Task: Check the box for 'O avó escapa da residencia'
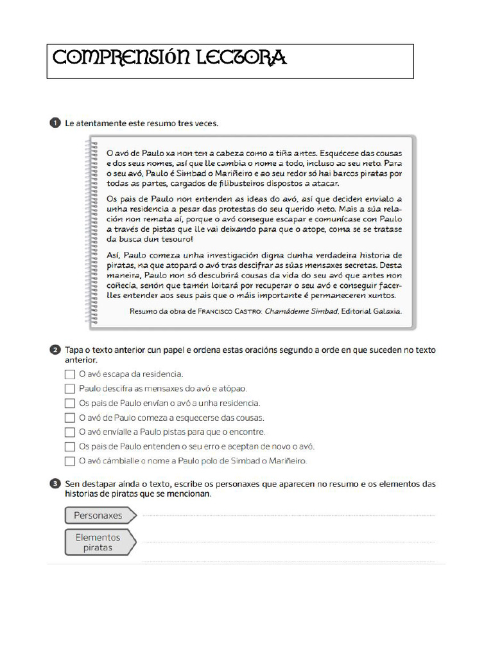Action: (69, 373)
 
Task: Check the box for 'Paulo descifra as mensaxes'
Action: (69, 388)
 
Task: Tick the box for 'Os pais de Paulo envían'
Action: (69, 403)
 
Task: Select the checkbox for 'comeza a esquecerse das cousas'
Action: (69, 418)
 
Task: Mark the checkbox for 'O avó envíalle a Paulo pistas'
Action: (69, 432)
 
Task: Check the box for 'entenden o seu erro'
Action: (69, 447)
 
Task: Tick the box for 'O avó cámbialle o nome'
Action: (69, 461)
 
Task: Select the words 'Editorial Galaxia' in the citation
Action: (372, 311)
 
